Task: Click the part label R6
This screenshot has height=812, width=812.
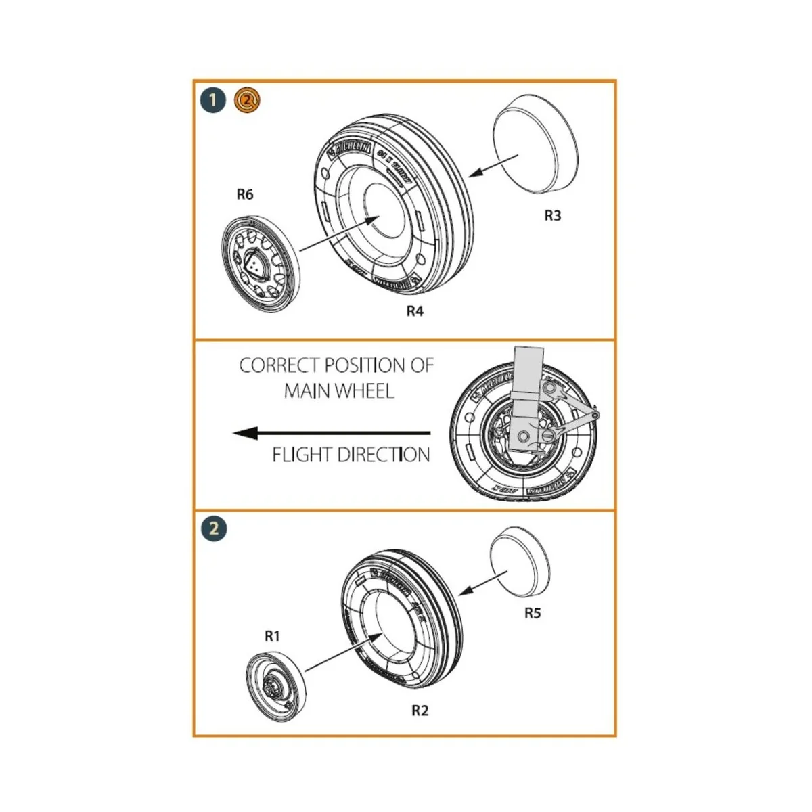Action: [245, 195]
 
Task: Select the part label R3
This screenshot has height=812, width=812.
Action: [553, 216]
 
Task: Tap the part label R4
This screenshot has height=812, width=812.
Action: [415, 311]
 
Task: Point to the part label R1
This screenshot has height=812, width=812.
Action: [272, 636]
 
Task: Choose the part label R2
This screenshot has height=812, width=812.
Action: [420, 710]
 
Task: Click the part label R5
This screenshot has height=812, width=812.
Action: [533, 613]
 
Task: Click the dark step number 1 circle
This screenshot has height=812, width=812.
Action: [213, 101]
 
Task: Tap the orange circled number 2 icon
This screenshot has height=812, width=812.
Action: [247, 100]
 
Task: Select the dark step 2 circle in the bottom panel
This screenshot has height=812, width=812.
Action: [214, 528]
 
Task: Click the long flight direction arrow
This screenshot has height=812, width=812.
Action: [332, 433]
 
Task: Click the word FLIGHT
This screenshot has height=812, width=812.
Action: [302, 455]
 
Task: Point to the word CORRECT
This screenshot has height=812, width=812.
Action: [279, 365]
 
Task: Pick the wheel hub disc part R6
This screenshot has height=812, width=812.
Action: [261, 263]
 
